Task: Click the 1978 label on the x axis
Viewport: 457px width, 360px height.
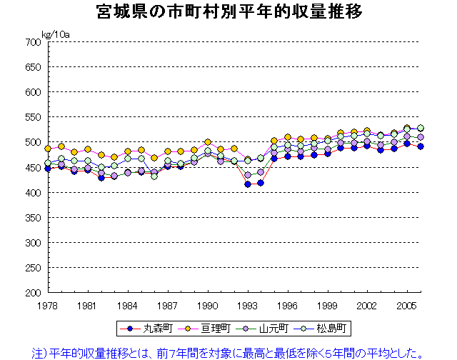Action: click(x=48, y=305)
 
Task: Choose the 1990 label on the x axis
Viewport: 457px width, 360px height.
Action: click(x=208, y=305)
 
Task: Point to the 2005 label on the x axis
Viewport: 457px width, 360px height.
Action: click(x=408, y=305)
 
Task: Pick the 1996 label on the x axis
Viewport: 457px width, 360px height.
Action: click(x=288, y=305)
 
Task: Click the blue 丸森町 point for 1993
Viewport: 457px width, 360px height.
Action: click(x=248, y=184)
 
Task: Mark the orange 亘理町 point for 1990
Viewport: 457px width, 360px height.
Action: click(x=208, y=142)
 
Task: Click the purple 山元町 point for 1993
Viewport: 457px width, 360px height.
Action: click(x=248, y=174)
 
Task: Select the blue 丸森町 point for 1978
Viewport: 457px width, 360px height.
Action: click(x=48, y=169)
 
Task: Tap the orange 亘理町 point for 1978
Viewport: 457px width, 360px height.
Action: click(x=48, y=149)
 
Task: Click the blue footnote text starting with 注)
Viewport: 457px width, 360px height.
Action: click(x=228, y=351)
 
